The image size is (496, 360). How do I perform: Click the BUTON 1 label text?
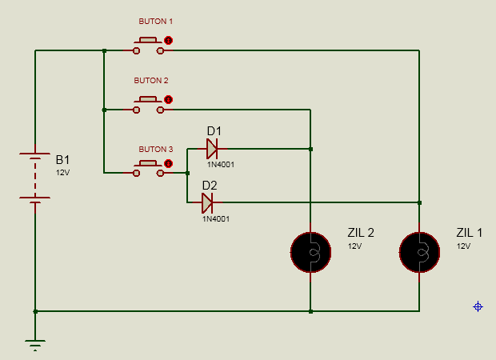156,22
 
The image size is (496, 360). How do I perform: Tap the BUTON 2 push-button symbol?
148,105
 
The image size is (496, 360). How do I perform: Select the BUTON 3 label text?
156,149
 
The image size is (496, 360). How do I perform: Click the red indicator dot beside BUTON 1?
169,41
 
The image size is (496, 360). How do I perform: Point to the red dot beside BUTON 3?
169,163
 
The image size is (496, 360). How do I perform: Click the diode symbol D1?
212,149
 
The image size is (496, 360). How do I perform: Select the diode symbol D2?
207,202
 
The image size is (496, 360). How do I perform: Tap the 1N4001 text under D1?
221,165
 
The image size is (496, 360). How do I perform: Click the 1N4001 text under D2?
216,219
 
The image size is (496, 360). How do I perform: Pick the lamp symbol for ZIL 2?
310,252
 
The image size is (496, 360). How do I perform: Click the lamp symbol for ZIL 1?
419,252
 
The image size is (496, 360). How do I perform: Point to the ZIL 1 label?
469,233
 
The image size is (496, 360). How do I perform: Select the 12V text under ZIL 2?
354,246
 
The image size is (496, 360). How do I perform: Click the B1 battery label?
62,160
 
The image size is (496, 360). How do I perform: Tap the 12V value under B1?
62,173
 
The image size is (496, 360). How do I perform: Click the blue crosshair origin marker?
478,306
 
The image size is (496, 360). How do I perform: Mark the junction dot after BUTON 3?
187,173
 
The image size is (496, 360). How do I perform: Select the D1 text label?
214,131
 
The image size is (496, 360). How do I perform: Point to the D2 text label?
210,186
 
